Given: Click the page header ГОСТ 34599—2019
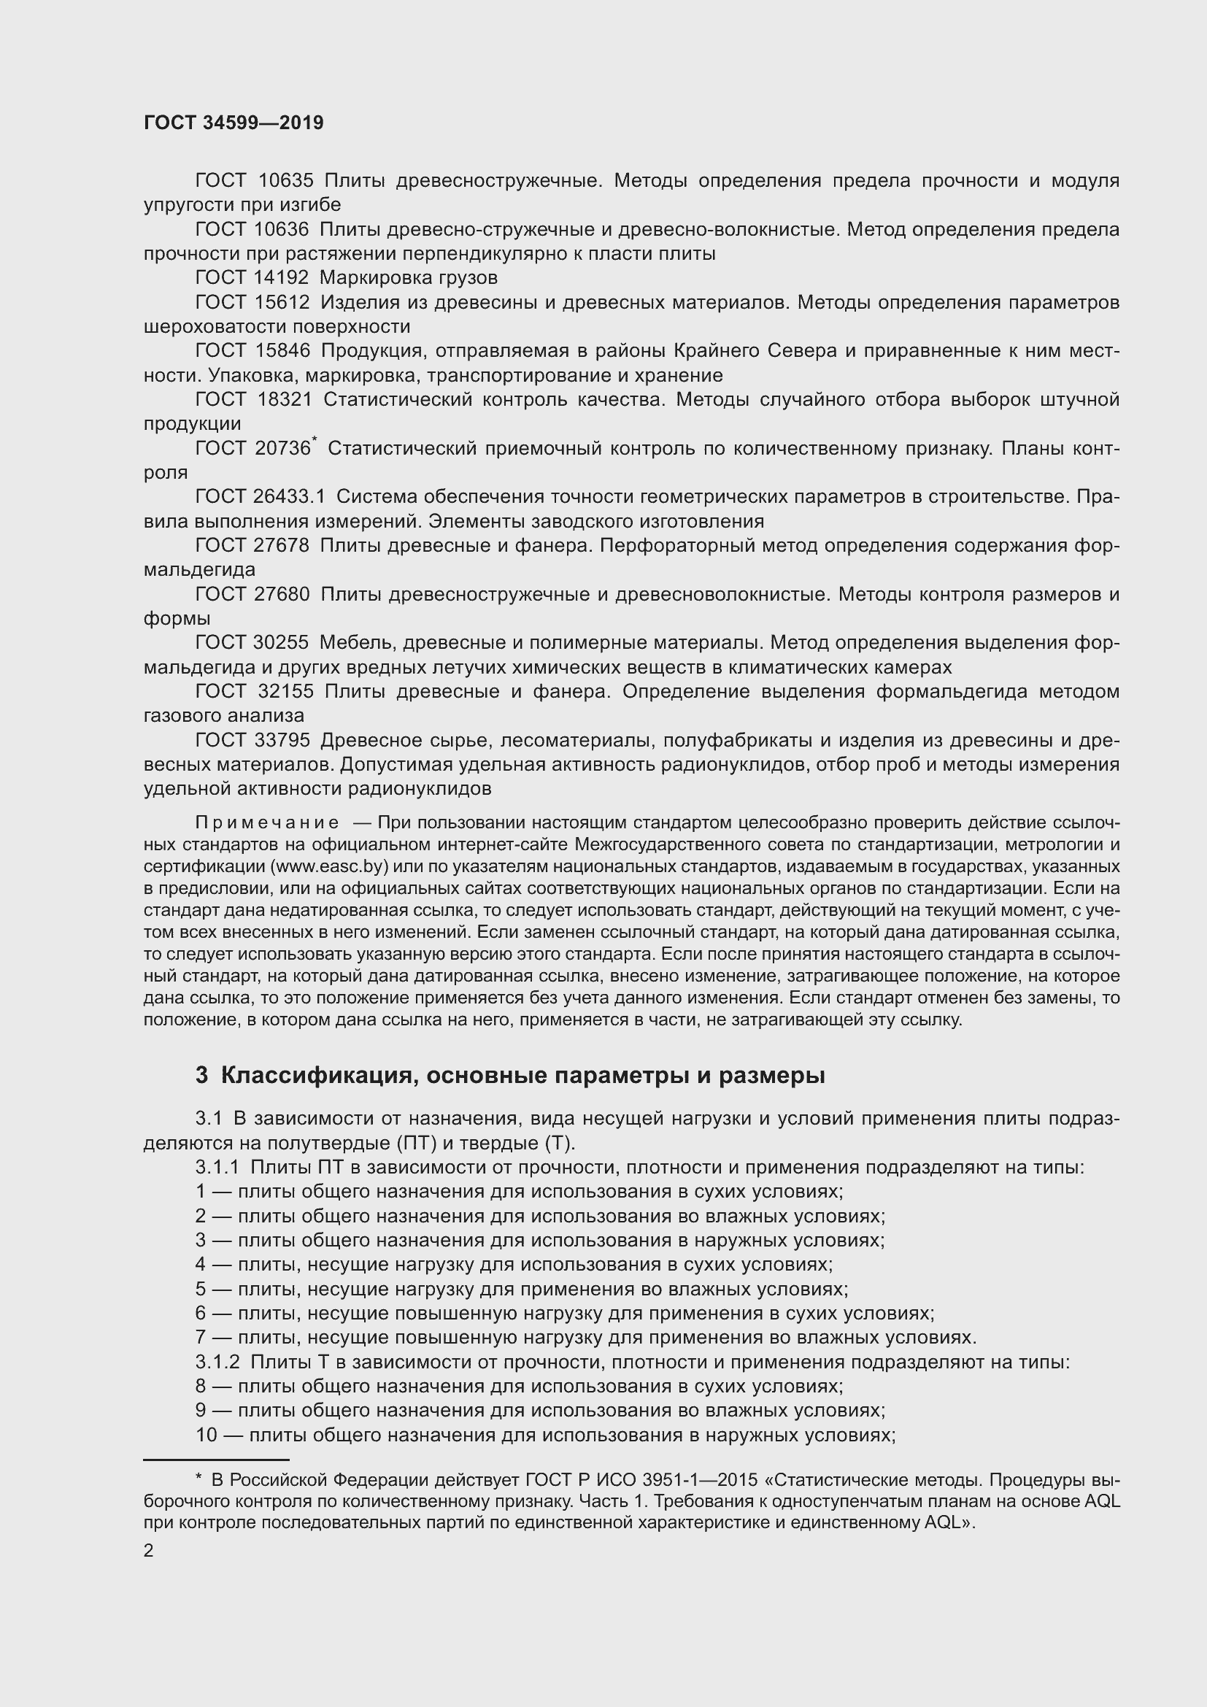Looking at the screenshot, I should [x=234, y=123].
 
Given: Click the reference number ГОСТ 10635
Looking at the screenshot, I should [x=254, y=181].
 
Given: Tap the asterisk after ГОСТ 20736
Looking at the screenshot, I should [x=315, y=442].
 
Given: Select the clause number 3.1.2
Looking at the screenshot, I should [x=217, y=1363].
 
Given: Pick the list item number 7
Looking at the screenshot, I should [x=201, y=1338].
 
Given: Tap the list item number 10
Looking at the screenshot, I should [x=206, y=1435].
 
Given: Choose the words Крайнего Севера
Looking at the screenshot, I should [x=756, y=351].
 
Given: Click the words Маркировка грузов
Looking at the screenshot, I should [x=409, y=278].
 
